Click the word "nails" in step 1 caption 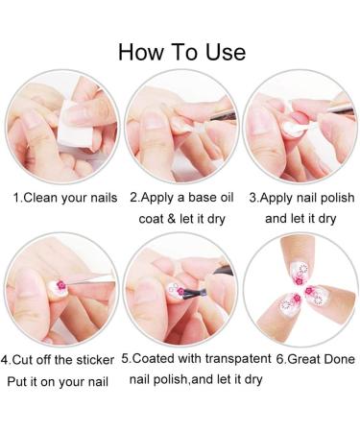tap(100, 198)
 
